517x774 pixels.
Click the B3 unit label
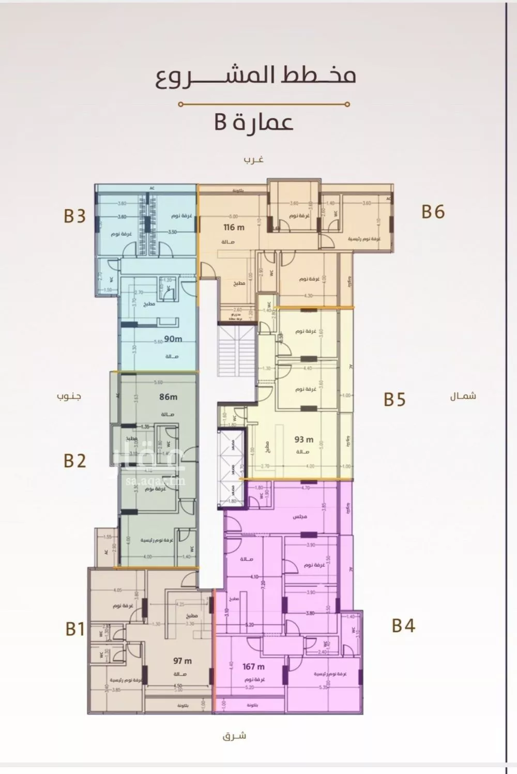coord(74,216)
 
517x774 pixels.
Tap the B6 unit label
coord(433,211)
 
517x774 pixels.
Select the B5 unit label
coord(394,399)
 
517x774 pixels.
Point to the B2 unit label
coord(74,460)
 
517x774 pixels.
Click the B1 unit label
coord(75,629)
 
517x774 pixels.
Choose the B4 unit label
coord(403,625)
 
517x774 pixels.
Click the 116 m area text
coord(234,227)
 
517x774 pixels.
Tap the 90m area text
coord(173,339)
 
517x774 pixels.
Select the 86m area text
coord(168,397)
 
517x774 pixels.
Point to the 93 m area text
coord(304,439)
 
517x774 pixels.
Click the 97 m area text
coord(182,660)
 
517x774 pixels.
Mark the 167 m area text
coord(253,666)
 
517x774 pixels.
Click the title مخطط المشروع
coord(256,76)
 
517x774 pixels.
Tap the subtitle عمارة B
coord(254,123)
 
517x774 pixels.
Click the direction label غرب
coord(254,159)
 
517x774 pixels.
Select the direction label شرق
coord(235,735)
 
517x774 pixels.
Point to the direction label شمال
coord(463,397)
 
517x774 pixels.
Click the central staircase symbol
coord(237,352)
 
